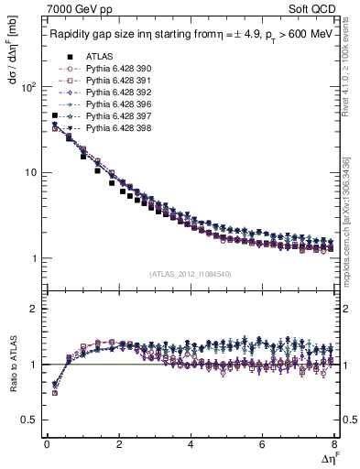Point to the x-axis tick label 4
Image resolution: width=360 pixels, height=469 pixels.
(x=191, y=444)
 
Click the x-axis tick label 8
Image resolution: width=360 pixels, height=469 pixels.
(x=334, y=444)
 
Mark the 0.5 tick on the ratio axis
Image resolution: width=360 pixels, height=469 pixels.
(x=32, y=420)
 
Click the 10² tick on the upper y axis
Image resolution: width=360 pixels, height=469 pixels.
(x=29, y=87)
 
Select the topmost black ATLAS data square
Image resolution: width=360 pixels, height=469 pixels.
(x=55, y=116)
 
